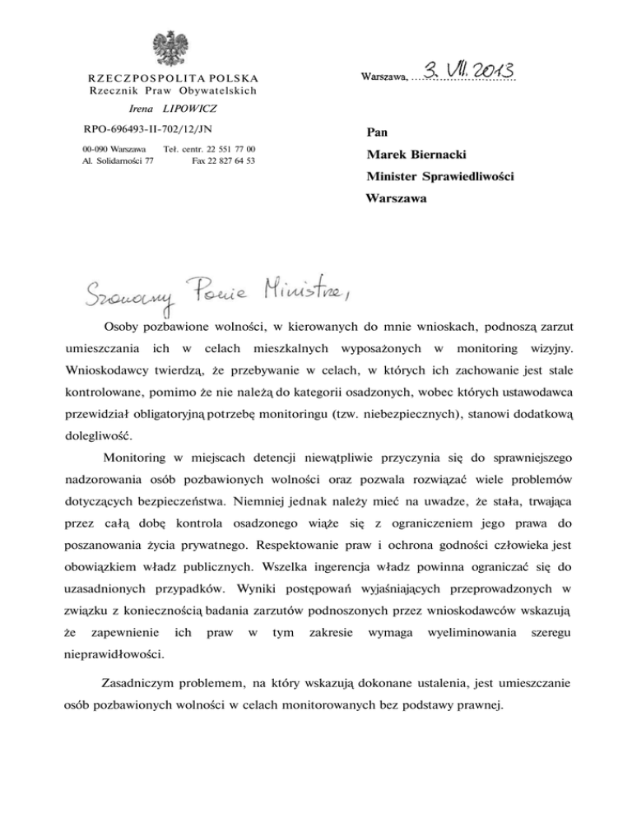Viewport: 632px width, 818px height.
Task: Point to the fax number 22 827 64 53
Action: (x=223, y=160)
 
